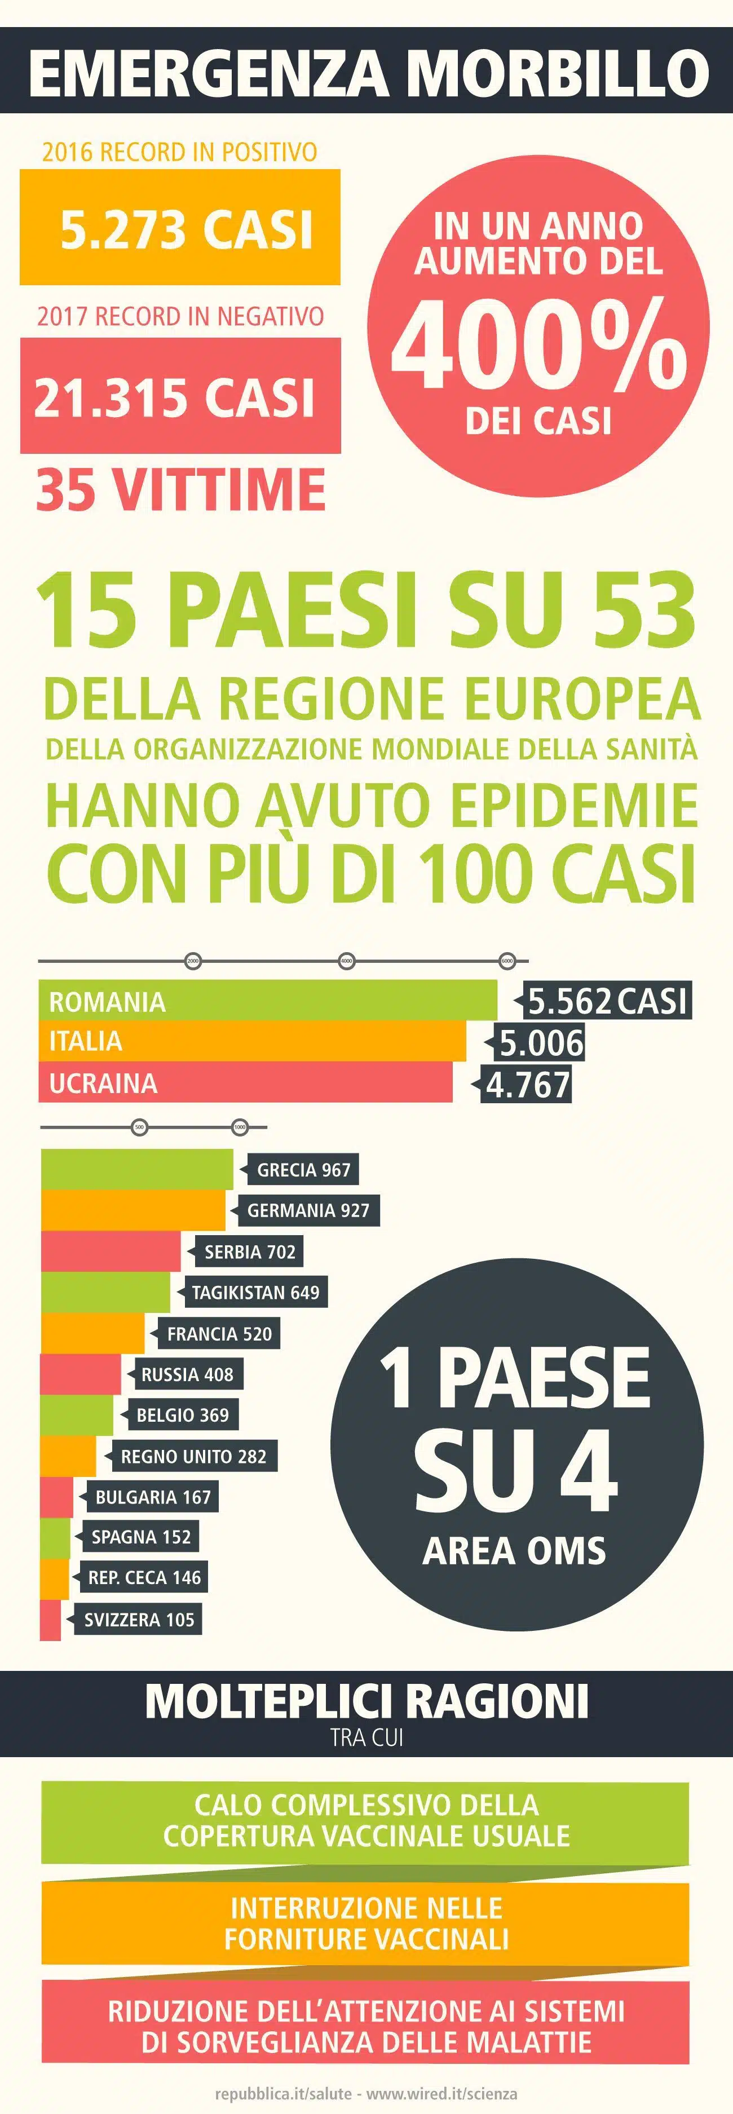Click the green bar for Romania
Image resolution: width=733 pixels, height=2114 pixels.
click(x=268, y=1001)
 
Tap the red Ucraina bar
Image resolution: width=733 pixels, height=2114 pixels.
click(x=245, y=1082)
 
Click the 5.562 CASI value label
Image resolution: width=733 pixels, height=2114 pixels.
click(x=607, y=1001)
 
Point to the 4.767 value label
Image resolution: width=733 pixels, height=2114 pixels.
click(x=528, y=1084)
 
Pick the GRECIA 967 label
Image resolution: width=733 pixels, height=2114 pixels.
click(x=303, y=1169)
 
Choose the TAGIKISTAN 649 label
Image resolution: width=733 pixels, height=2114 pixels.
click(x=255, y=1293)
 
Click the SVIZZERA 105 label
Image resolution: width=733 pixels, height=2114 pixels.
click(x=139, y=1619)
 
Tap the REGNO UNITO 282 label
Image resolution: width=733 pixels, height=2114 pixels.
click(x=194, y=1456)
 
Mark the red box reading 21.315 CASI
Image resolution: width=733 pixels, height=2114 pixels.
click(x=180, y=396)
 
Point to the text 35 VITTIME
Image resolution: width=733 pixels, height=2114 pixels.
click(x=180, y=489)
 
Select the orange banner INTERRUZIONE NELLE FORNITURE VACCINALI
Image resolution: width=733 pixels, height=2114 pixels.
click(x=365, y=1923)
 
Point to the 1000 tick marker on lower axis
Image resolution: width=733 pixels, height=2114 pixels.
click(x=240, y=1127)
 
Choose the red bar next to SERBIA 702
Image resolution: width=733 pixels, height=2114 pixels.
click(x=111, y=1251)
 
